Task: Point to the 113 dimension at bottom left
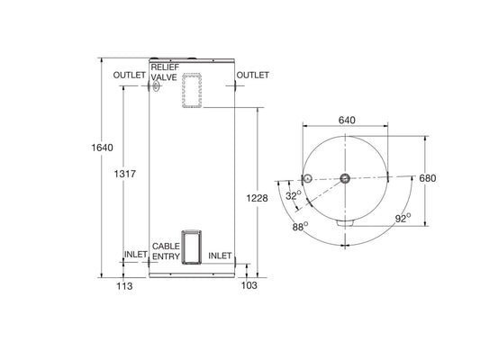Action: [124, 285]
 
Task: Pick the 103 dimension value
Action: [249, 285]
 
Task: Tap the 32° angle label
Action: [293, 195]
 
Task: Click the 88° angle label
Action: [300, 227]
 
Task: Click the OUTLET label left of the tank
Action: [131, 76]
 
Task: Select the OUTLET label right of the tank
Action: [252, 76]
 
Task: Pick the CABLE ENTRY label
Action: [166, 250]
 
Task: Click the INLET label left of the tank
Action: [136, 256]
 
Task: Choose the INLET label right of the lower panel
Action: [221, 256]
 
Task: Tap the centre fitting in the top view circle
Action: [345, 178]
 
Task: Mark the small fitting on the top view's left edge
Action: [306, 178]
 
